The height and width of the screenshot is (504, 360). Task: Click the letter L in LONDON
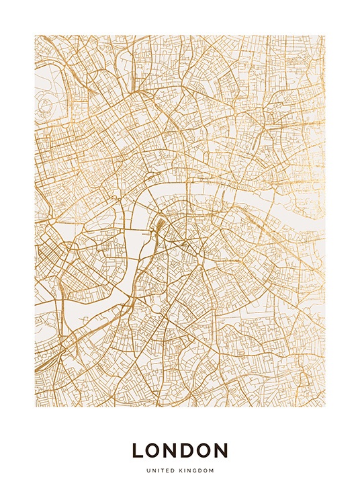click(138, 450)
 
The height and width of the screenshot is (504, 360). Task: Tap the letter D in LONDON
click(189, 450)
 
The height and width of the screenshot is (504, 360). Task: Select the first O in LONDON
click(154, 450)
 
